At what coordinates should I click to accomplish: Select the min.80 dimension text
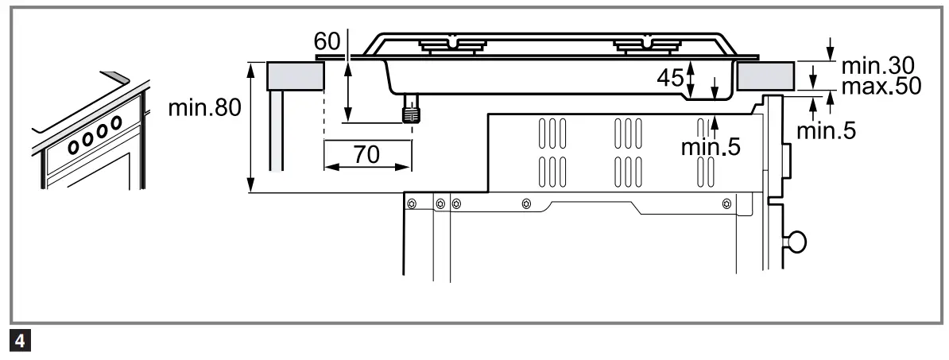[203, 109]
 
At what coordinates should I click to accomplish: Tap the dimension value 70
[366, 154]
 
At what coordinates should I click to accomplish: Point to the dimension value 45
[672, 78]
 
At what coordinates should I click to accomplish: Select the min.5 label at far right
[827, 131]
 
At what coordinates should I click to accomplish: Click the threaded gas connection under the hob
[410, 110]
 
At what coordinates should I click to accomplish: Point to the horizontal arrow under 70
[367, 167]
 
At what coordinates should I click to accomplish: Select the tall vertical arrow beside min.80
[252, 127]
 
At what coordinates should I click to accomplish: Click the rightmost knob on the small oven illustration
[116, 122]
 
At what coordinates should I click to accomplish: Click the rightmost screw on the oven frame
[726, 204]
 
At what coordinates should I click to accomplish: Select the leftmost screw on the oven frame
[412, 204]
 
